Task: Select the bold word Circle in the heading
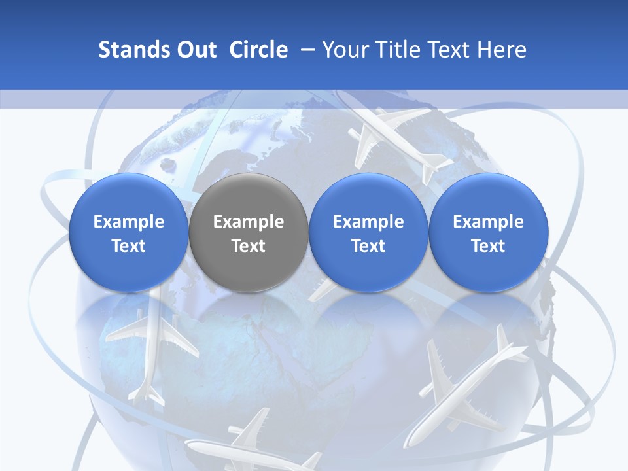pos(258,50)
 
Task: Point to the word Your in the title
pos(344,50)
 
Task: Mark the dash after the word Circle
pos(305,50)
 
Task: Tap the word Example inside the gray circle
pos(249,222)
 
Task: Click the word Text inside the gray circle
pos(249,246)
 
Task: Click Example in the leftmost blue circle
pos(129,222)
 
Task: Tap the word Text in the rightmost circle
pos(488,246)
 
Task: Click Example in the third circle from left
pos(368,222)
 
